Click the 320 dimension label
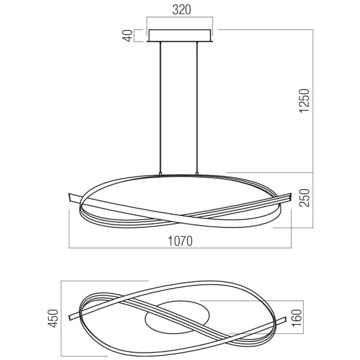[x=181, y=10]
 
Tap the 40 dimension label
[x=128, y=36]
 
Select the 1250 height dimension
[x=304, y=101]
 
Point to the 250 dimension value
[x=304, y=197]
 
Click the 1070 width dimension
[x=180, y=241]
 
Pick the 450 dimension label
[x=53, y=318]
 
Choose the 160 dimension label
[x=296, y=318]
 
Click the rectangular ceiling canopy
[x=180, y=35]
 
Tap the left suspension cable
[x=160, y=107]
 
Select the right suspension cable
[x=197, y=107]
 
